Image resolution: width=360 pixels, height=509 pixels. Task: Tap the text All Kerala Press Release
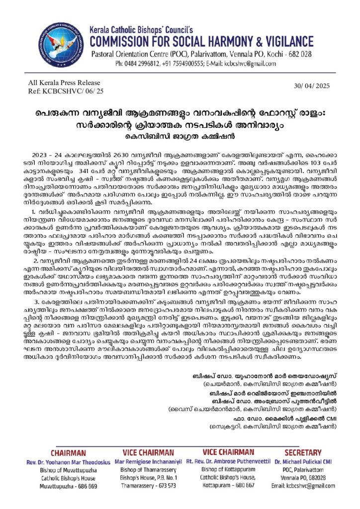pyautogui.click(x=65, y=83)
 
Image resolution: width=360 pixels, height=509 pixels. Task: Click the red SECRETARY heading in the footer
pyautogui.click(x=303, y=452)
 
